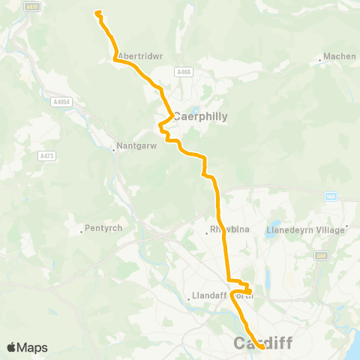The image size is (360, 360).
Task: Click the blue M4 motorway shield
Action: pos(331,196)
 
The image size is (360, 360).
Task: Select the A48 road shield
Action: pos(321,256)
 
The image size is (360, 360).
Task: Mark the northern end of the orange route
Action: pos(97,11)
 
